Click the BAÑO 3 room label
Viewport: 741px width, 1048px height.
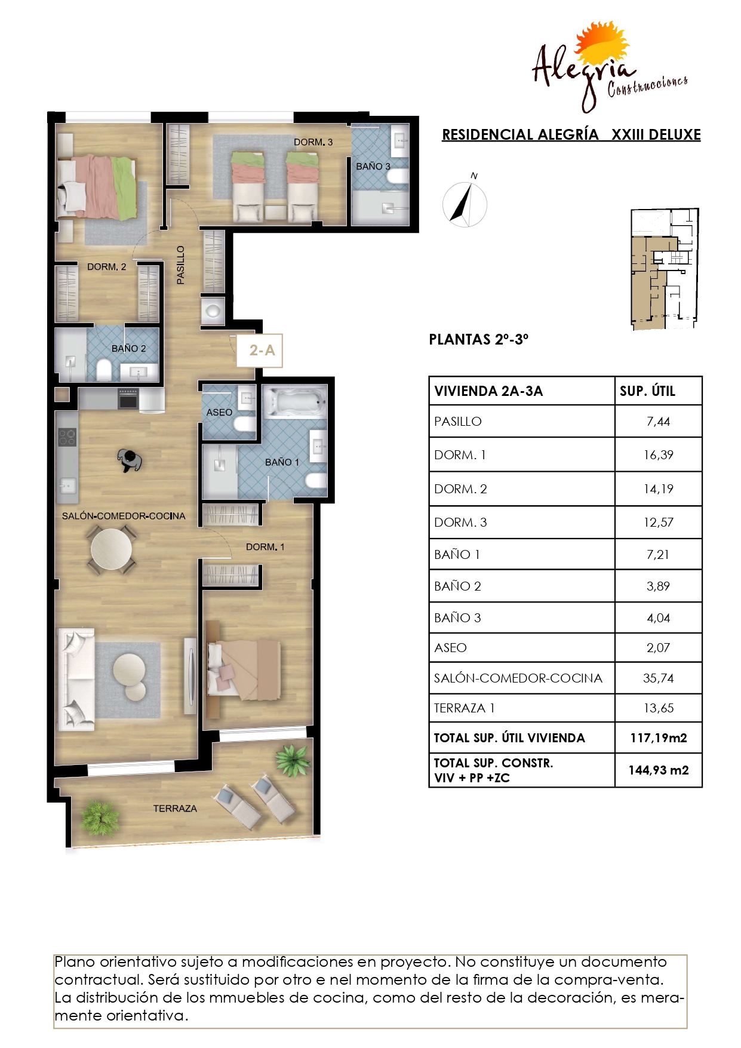[x=373, y=167]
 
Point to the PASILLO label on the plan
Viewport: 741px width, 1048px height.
[x=180, y=265]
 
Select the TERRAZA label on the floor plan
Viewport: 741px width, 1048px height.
[x=175, y=809]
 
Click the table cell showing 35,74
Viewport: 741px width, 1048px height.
[x=658, y=678]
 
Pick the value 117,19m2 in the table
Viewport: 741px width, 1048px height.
[x=659, y=738]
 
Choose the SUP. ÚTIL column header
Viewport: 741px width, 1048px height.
[x=647, y=391]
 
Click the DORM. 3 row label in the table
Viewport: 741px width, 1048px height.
[x=460, y=523]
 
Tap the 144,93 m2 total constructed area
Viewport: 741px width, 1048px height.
[x=659, y=770]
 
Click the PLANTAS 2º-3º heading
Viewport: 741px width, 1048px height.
[x=479, y=339]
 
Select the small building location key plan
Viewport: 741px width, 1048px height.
[x=665, y=269]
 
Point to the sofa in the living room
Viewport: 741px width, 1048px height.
[x=76, y=679]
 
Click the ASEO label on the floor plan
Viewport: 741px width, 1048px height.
[x=219, y=413]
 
